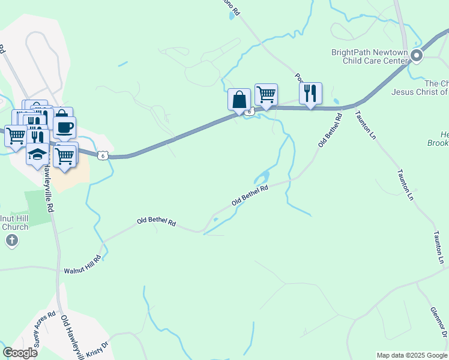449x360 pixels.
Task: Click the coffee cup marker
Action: (x=64, y=127)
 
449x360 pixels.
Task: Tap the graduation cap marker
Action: (x=37, y=154)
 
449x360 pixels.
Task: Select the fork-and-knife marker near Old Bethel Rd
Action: (x=310, y=93)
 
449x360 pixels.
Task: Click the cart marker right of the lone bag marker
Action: (x=266, y=94)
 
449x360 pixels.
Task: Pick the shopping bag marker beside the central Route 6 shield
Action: (x=239, y=99)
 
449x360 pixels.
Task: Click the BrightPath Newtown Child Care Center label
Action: (x=369, y=56)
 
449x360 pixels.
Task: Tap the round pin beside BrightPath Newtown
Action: (x=417, y=57)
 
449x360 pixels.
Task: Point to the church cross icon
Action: (x=11, y=241)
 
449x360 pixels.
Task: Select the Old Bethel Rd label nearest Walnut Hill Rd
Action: (x=156, y=221)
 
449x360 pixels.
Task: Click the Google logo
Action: (x=20, y=353)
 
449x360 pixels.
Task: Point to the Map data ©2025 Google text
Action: (x=412, y=355)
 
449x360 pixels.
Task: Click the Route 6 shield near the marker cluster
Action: (x=103, y=155)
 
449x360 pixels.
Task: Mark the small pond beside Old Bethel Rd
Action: (x=262, y=178)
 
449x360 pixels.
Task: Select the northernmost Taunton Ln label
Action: (x=365, y=125)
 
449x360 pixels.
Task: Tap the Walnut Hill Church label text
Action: (x=14, y=222)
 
